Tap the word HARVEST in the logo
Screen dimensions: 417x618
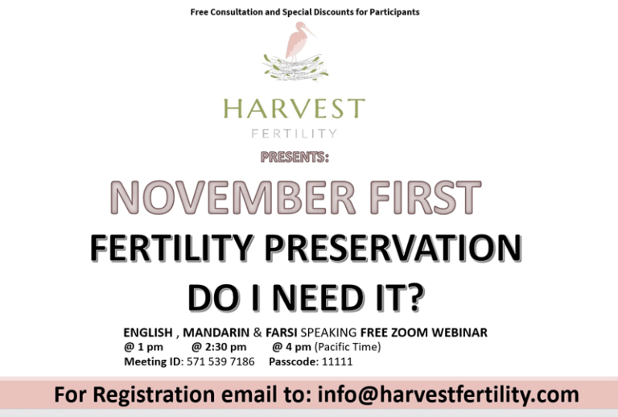coord(294,108)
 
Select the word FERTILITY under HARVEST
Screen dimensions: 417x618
coord(294,133)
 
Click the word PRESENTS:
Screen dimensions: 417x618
coord(295,156)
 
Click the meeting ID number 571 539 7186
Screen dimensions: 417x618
coord(220,361)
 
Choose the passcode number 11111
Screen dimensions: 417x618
coord(337,361)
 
